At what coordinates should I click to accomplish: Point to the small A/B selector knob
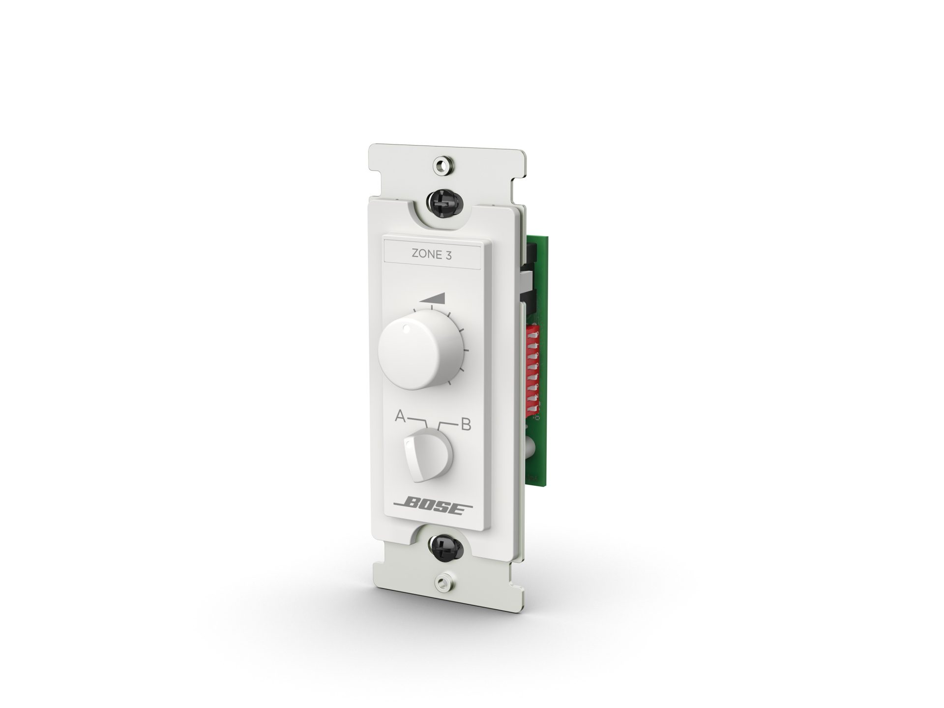[427, 453]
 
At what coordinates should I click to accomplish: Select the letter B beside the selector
[465, 424]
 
